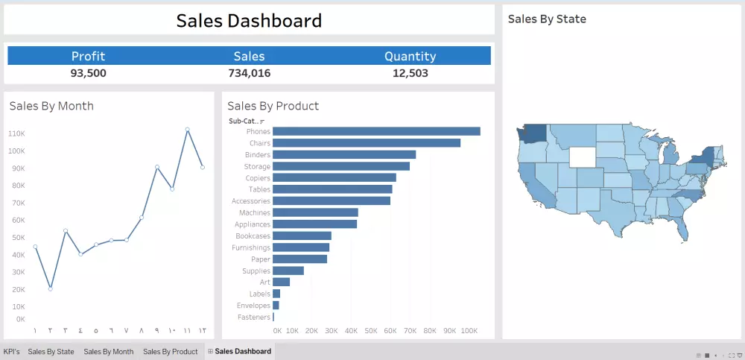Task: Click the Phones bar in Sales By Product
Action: pos(376,131)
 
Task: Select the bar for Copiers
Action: pos(335,177)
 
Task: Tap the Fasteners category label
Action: pos(253,318)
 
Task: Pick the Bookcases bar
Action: pos(302,236)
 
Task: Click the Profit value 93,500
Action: pos(88,73)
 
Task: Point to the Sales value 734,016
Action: pos(249,73)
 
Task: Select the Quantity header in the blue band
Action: pos(410,56)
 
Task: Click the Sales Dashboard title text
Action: pos(249,21)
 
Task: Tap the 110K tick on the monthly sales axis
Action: pos(16,133)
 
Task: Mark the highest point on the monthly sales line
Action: pos(187,130)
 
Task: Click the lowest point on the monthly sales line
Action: pos(50,288)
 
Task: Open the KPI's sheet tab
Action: pos(11,351)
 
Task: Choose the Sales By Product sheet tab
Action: pos(170,351)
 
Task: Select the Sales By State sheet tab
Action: pos(51,351)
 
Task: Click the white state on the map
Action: pos(583,157)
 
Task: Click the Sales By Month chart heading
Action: pos(51,106)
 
